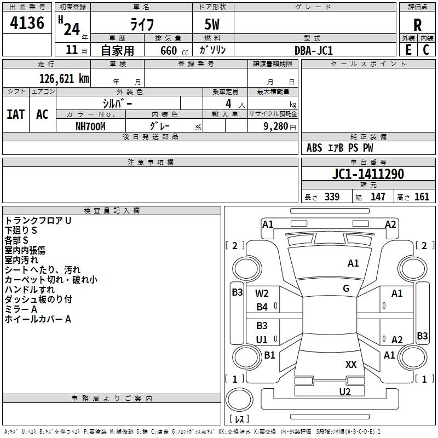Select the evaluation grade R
[417, 25]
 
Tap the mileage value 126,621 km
[64, 79]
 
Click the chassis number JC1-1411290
[368, 174]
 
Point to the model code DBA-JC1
[314, 50]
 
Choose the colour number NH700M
[90, 126]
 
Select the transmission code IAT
[15, 114]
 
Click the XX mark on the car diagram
[351, 364]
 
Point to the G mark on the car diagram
[346, 289]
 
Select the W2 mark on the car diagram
[262, 293]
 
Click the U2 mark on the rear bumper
[344, 391]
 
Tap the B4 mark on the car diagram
[262, 307]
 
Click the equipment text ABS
[314, 148]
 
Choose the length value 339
[331, 197]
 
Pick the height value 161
[422, 197]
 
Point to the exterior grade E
[408, 50]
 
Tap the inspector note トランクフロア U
[38, 220]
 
